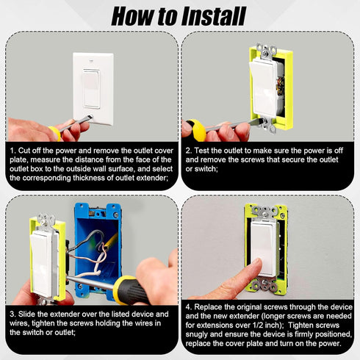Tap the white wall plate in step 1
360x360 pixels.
[93, 88]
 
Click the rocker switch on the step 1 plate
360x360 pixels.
[91, 89]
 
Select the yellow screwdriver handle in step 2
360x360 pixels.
[195, 130]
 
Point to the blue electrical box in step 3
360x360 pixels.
[98, 250]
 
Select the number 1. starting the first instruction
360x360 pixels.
[13, 151]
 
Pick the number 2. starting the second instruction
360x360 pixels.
[189, 151]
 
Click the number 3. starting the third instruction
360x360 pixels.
[13, 314]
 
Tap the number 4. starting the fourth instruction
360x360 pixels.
[189, 307]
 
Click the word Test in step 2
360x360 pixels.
[202, 151]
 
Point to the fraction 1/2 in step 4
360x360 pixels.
[257, 325]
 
